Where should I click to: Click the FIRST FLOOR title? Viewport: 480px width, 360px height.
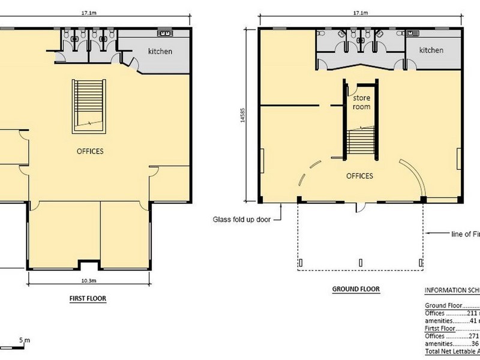pos(88,297)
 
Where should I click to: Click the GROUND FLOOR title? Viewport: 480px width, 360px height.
pos(356,289)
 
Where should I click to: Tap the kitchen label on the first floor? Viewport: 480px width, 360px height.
pos(160,52)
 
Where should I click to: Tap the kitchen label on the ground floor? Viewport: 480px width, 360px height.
pos(431,50)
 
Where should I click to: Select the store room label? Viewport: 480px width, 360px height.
pos(361,102)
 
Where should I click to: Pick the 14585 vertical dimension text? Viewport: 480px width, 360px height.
pos(242,114)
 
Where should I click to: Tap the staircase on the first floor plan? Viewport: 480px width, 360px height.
pos(89,106)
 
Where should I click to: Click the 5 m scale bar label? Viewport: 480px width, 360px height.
pos(24,341)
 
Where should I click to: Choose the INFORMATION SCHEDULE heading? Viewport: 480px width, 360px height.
pos(451,290)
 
